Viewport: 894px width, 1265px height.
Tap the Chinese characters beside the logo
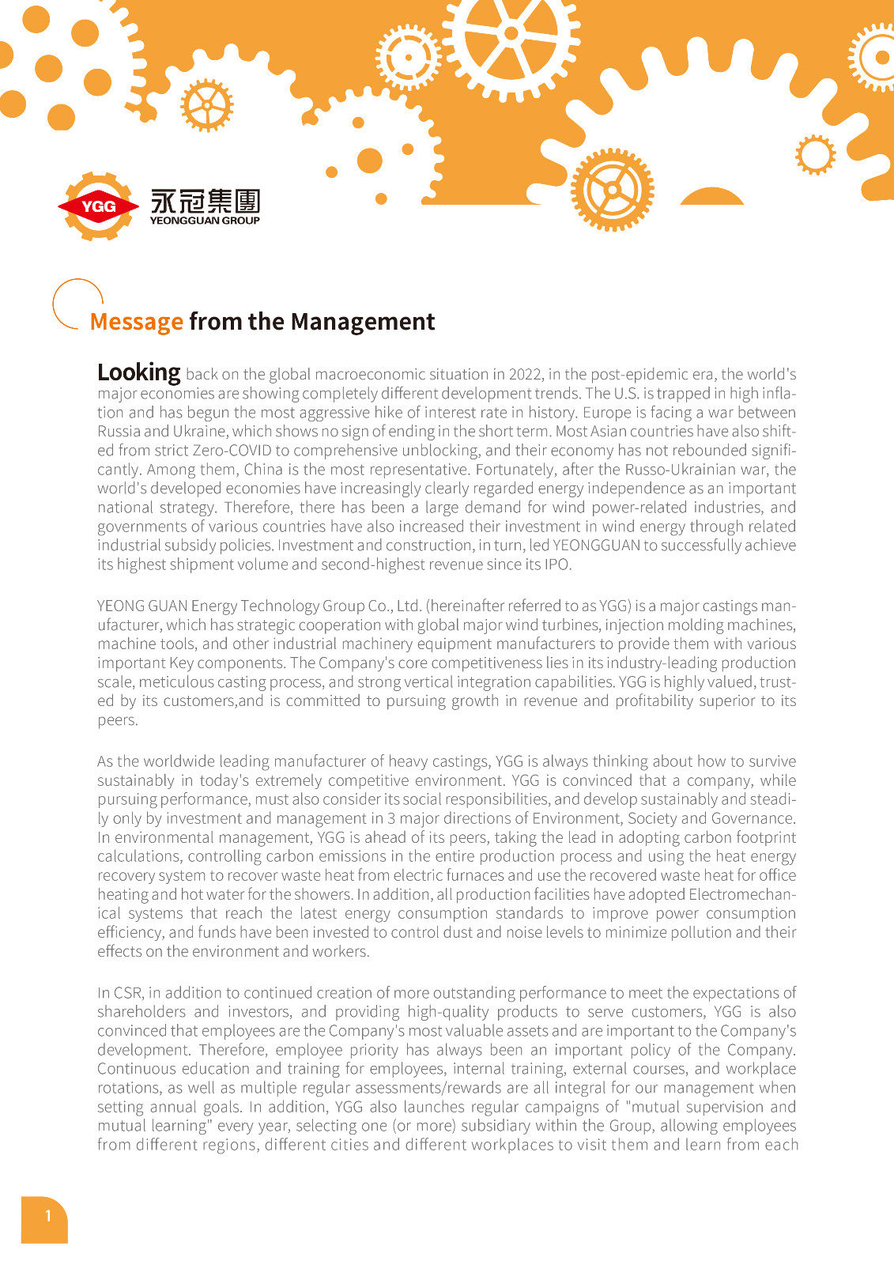(205, 201)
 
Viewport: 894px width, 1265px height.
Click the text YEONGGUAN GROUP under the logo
(205, 221)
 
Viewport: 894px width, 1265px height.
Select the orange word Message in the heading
(136, 322)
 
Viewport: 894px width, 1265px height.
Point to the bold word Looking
(138, 372)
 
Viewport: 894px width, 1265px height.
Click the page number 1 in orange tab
(47, 1216)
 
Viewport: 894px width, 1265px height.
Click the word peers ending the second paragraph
(117, 720)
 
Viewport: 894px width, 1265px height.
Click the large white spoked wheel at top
(511, 36)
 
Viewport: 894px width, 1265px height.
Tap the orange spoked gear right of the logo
(612, 190)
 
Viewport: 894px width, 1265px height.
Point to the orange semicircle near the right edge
(711, 197)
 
